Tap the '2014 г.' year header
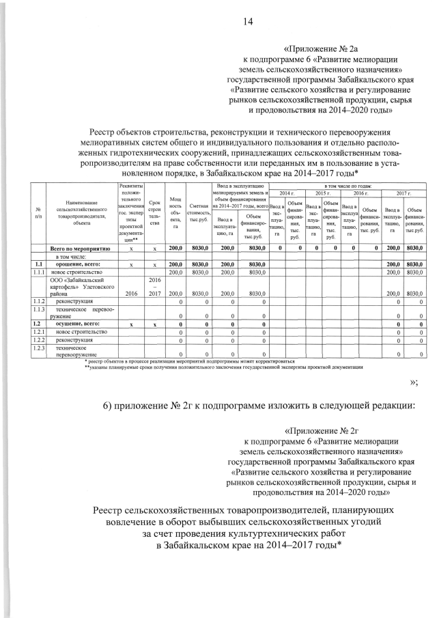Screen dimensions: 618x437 (286, 193)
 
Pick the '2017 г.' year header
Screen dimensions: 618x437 (404, 193)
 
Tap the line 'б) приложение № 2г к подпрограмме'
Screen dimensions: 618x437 (260, 404)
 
